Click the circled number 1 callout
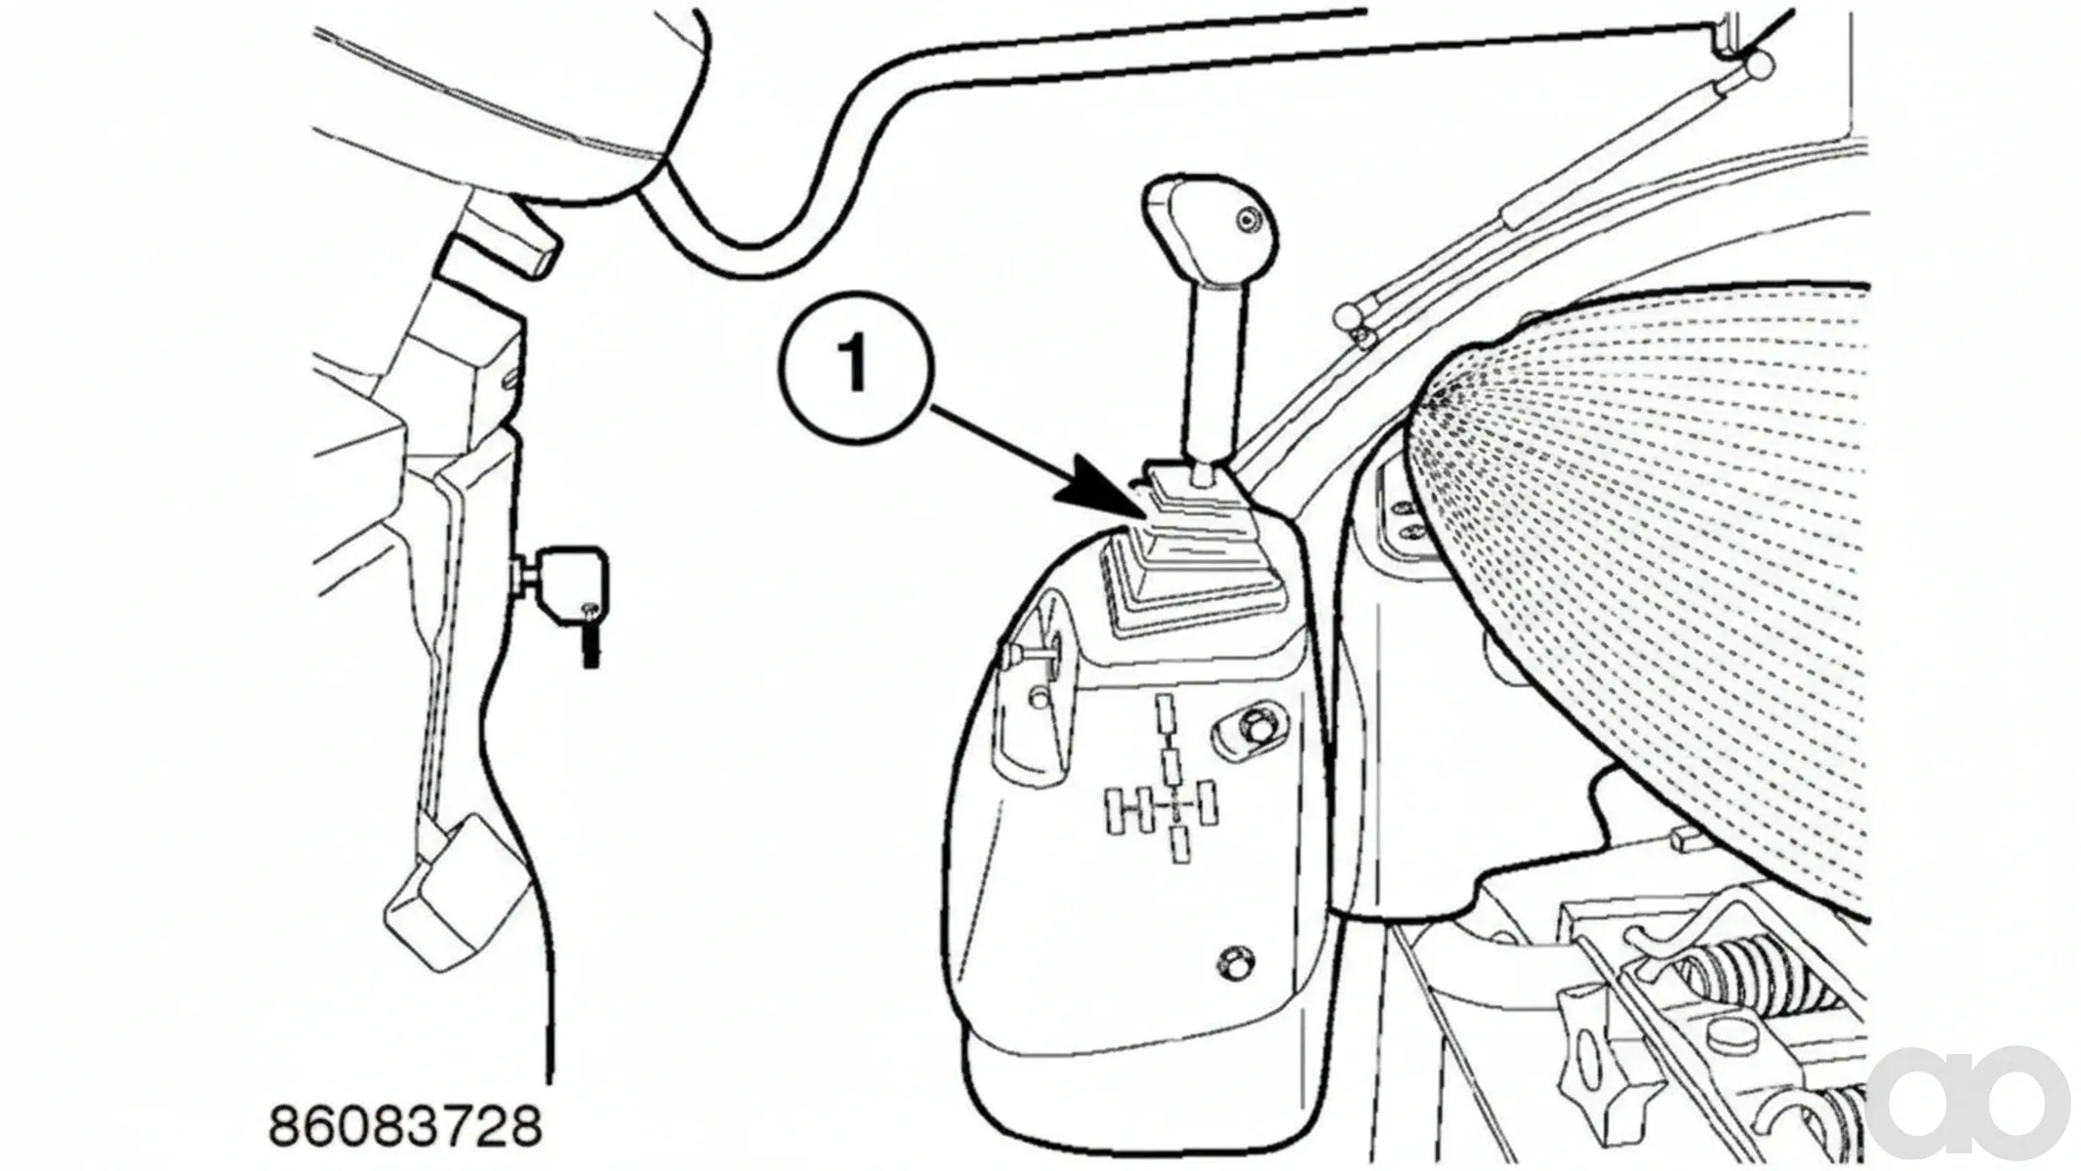point(856,364)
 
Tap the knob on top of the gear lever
point(1207,233)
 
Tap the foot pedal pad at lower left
point(444,893)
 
